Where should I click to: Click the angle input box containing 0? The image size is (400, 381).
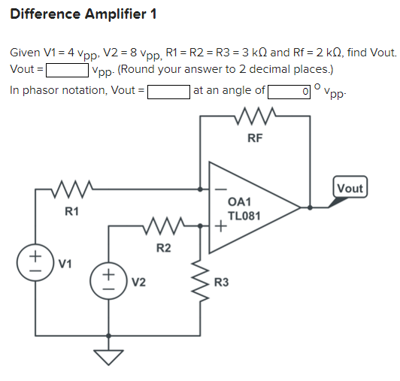pos(290,91)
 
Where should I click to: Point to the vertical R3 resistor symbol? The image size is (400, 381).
pos(201,280)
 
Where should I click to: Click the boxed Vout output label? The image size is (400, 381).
pos(350,188)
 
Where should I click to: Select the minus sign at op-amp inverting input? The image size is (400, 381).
pos(220,190)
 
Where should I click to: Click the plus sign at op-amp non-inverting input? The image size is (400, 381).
pos(220,224)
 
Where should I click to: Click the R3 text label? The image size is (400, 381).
pos(221,283)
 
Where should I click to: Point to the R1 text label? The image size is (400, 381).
pos(71,210)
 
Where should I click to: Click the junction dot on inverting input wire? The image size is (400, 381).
pos(200,189)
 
